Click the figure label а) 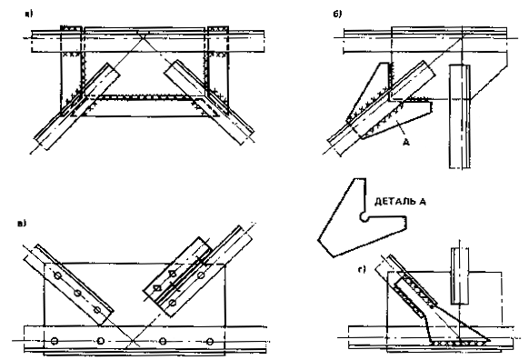[29, 14]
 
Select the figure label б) [337, 14]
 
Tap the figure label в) [22, 223]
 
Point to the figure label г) [362, 269]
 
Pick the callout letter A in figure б [406, 143]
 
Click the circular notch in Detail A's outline [364, 217]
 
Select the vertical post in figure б [460, 116]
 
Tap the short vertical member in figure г [460, 276]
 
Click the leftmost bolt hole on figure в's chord [54, 341]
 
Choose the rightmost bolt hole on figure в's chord [210, 341]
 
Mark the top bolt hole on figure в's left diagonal [57, 276]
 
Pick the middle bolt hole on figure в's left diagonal [77, 293]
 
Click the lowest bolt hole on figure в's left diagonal [97, 309]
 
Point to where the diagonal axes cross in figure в [133, 341]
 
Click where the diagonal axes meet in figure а [143, 36]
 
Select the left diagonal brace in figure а [77, 106]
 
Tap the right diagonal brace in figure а [209, 103]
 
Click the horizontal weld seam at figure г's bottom [460, 343]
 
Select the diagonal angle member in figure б [381, 109]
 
